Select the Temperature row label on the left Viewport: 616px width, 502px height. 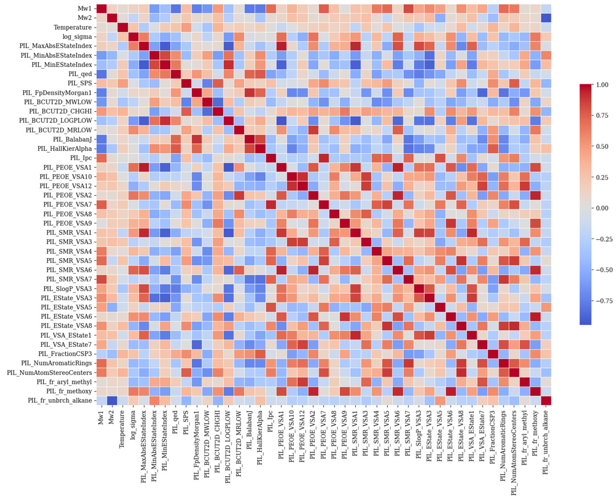click(x=72, y=27)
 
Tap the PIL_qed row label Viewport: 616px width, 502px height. click(x=80, y=74)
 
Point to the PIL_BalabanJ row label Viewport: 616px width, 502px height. click(x=72, y=139)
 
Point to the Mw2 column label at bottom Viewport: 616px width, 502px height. click(x=111, y=418)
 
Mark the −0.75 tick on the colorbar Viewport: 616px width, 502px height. click(x=603, y=301)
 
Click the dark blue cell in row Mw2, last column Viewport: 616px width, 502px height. click(x=546, y=18)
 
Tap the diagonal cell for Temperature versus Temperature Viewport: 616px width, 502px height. click(x=122, y=27)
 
